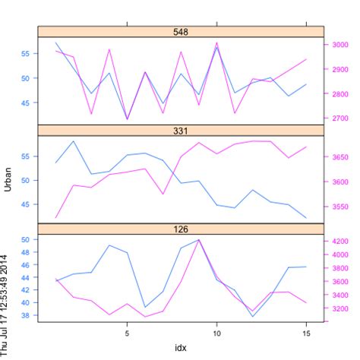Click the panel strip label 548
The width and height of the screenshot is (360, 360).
point(181,32)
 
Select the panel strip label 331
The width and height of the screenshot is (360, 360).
point(181,131)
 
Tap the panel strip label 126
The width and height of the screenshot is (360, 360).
point(181,229)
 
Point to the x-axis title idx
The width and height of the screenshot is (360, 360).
point(181,348)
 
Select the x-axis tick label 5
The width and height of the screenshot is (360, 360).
point(127,332)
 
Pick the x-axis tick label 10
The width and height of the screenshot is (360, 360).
point(217,332)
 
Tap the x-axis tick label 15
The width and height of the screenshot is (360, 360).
point(307,332)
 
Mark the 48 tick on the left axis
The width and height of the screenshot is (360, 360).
point(24,252)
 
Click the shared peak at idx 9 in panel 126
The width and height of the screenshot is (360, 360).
point(199,239)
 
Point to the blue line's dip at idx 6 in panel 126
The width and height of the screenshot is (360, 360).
point(145,307)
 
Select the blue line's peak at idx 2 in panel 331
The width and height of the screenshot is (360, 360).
point(73,141)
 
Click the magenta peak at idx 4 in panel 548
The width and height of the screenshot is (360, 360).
point(109,50)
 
